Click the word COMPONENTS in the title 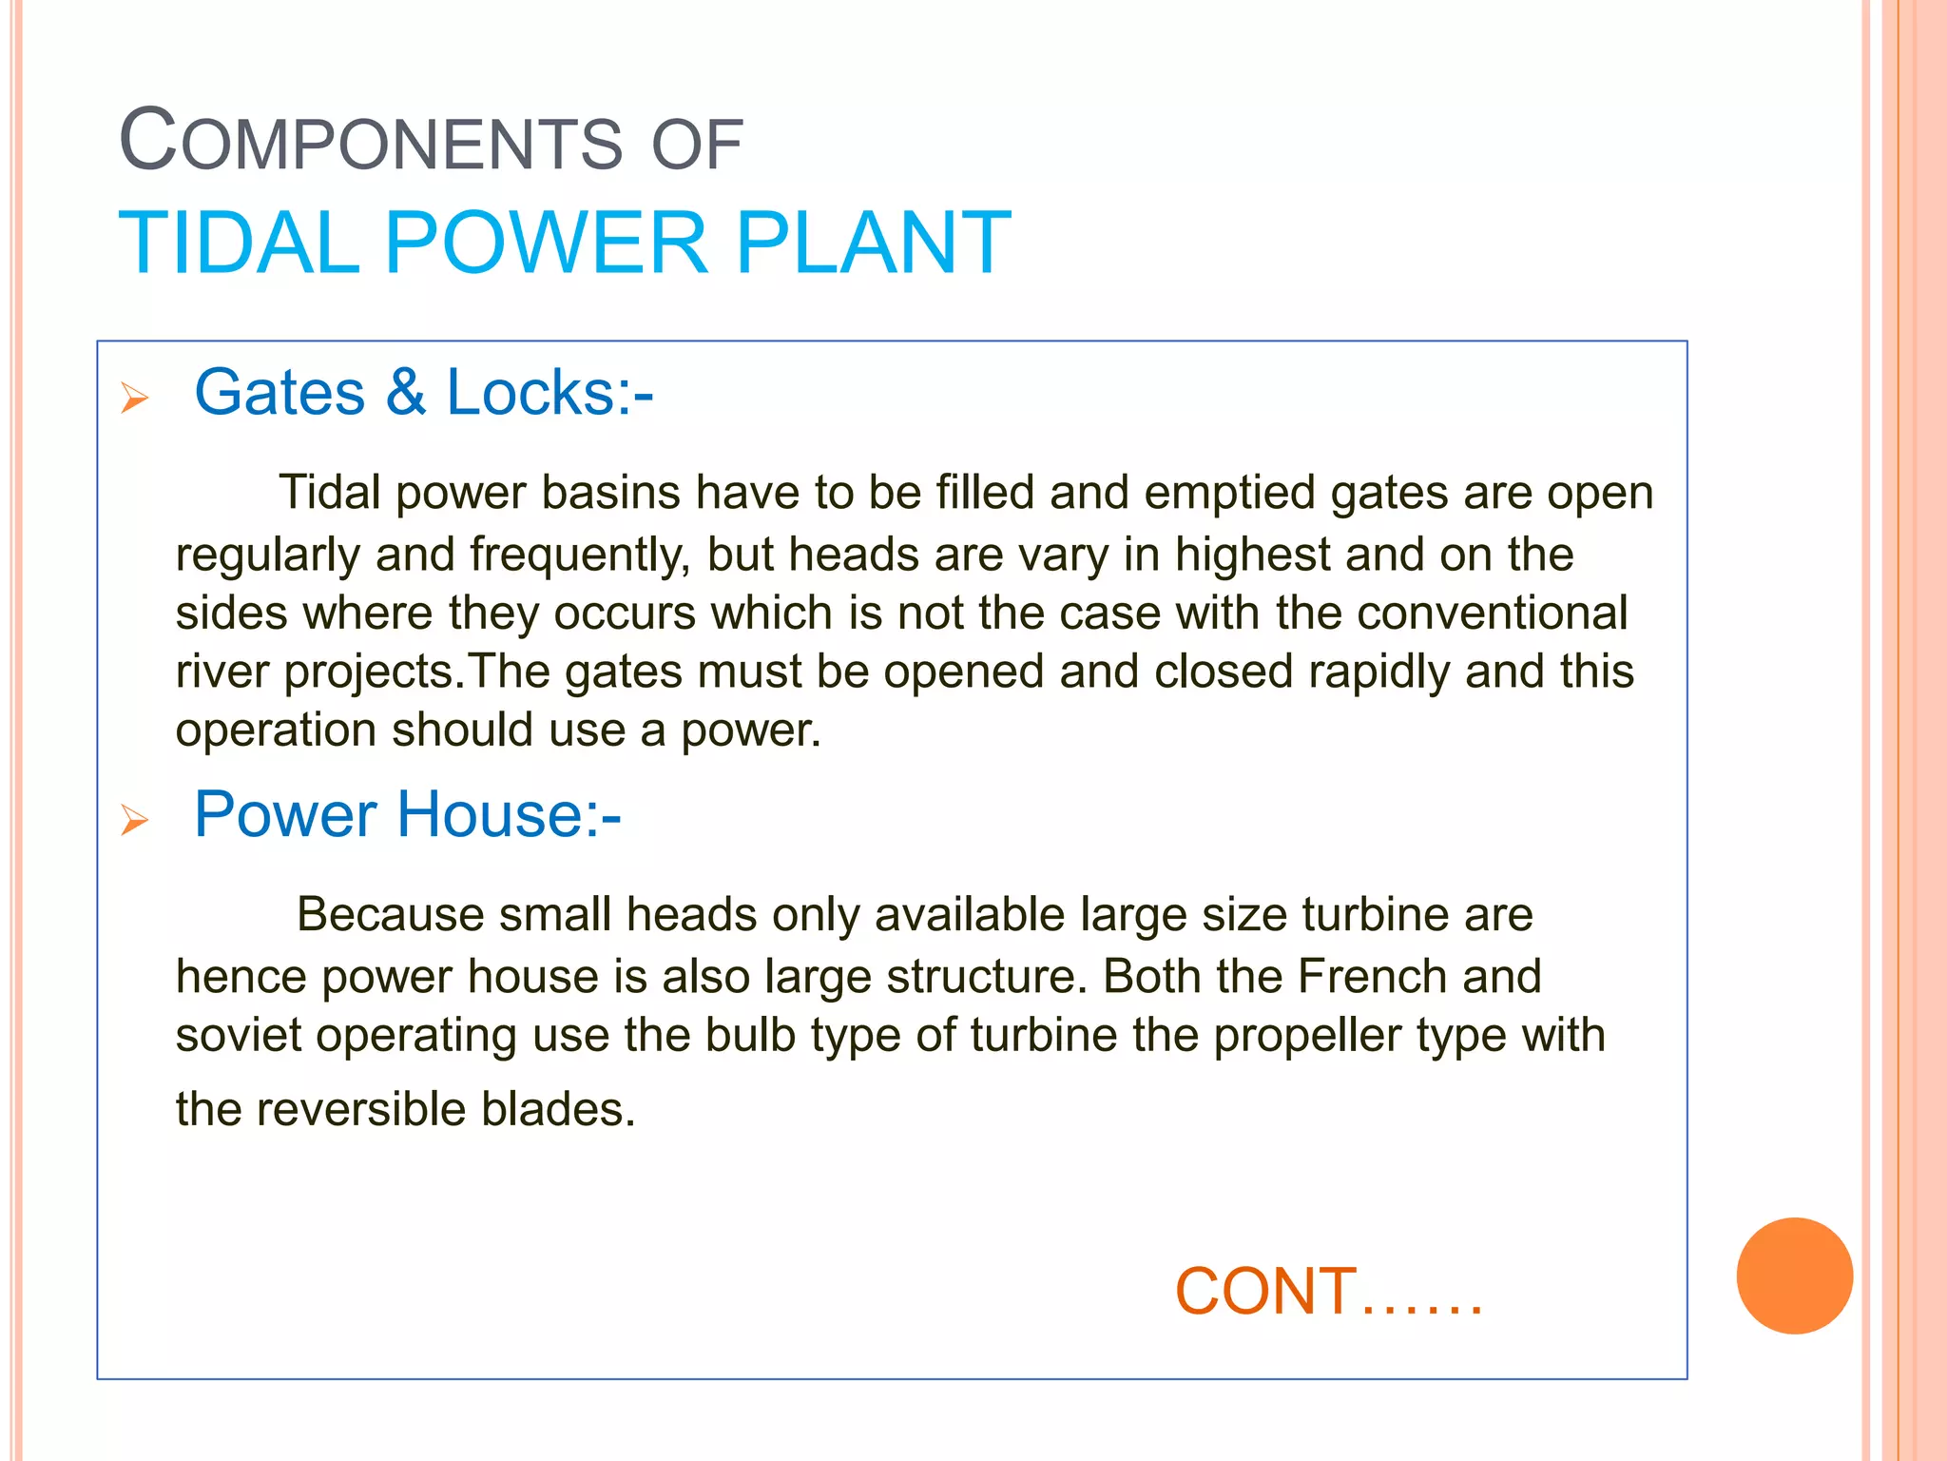(371, 143)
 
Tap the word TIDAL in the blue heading (239, 243)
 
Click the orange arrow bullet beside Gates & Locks (135, 398)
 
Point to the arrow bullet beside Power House (135, 819)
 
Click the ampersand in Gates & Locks (406, 392)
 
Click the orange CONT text (1265, 1292)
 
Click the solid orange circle (1794, 1276)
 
